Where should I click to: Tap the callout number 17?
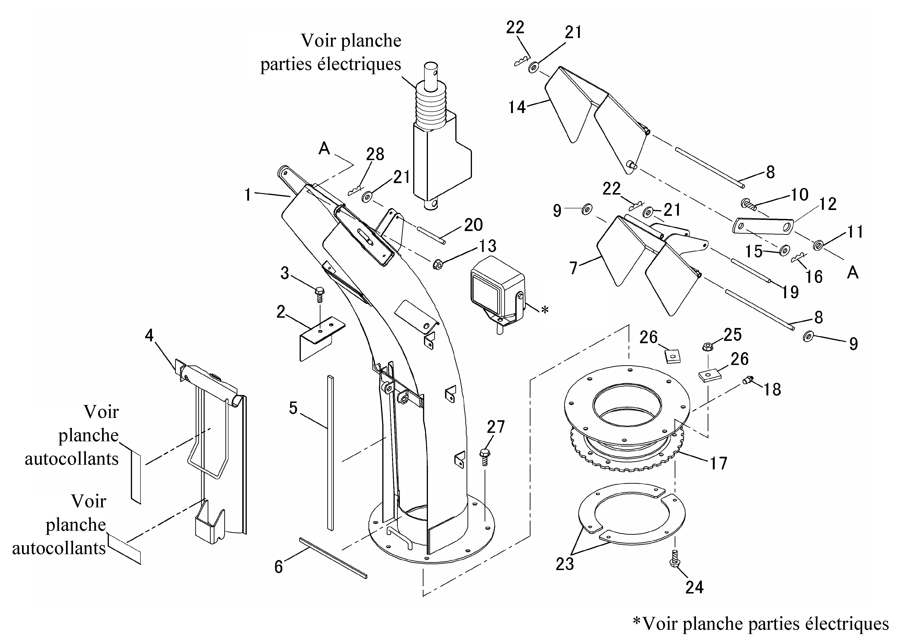(718, 463)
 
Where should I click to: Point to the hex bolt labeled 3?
(319, 294)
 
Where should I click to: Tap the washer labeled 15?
(784, 250)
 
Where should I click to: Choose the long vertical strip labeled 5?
(330, 453)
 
